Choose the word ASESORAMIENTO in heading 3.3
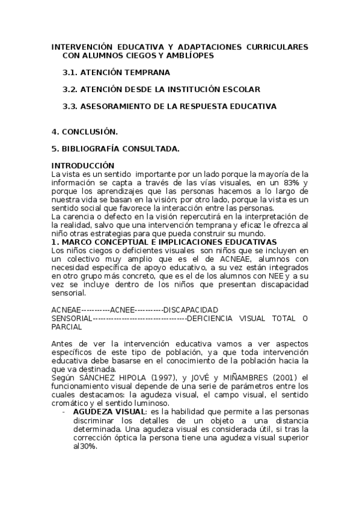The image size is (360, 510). point(114,106)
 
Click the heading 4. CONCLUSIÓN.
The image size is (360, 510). point(85,131)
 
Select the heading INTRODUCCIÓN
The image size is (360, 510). point(82,165)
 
